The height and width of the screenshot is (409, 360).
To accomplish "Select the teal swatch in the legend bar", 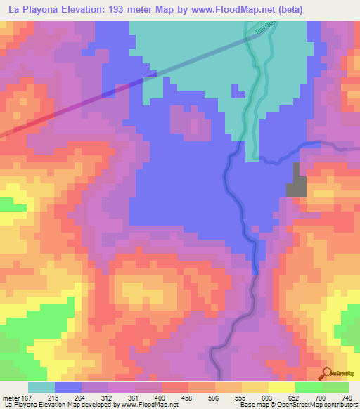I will tap(41, 387).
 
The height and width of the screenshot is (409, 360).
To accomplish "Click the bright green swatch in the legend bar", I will tap(307, 387).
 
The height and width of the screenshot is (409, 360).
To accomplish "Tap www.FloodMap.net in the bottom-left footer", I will tap(149, 405).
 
